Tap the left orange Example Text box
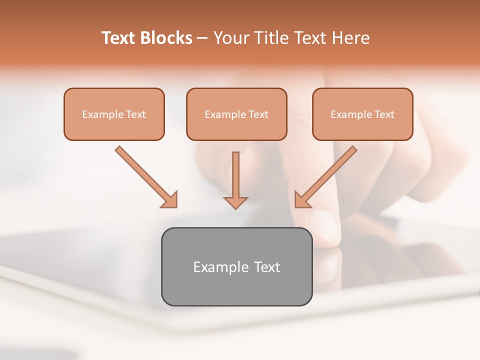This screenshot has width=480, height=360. coord(114,114)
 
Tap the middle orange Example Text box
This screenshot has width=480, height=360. coord(236,114)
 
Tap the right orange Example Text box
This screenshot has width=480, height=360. coord(362,114)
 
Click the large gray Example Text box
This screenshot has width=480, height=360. coord(236,266)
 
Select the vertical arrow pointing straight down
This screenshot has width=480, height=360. coord(235,175)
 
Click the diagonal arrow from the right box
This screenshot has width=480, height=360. coord(330,172)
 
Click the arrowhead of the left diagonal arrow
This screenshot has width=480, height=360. coord(170,200)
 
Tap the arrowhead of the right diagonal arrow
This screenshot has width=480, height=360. coord(301,200)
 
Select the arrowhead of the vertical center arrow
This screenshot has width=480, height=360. coord(235,202)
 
